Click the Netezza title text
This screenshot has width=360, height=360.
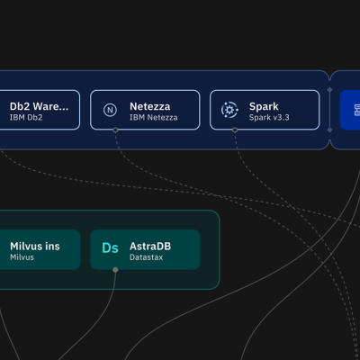click(150, 106)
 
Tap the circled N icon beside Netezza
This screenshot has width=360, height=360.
click(110, 110)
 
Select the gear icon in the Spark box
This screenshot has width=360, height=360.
click(229, 110)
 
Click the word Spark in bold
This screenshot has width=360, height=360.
click(264, 107)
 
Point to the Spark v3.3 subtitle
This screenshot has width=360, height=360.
click(269, 117)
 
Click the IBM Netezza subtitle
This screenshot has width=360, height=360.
click(154, 117)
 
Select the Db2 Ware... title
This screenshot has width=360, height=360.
click(39, 106)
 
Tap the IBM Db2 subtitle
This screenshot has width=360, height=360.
click(26, 117)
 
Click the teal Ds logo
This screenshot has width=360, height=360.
click(110, 248)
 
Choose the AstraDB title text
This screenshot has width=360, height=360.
click(150, 247)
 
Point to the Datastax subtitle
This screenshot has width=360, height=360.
click(147, 257)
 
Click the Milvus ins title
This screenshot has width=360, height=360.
click(35, 247)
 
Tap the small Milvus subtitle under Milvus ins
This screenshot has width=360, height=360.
click(22, 257)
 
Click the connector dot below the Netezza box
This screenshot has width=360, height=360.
click(115, 130)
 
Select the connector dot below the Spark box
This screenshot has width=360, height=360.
click(235, 130)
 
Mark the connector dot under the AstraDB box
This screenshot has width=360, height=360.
click(115, 270)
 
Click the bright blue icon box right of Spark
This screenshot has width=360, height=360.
click(350, 110)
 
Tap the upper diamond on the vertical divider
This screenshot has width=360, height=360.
click(329, 90)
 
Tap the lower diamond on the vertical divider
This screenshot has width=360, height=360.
click(329, 130)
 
